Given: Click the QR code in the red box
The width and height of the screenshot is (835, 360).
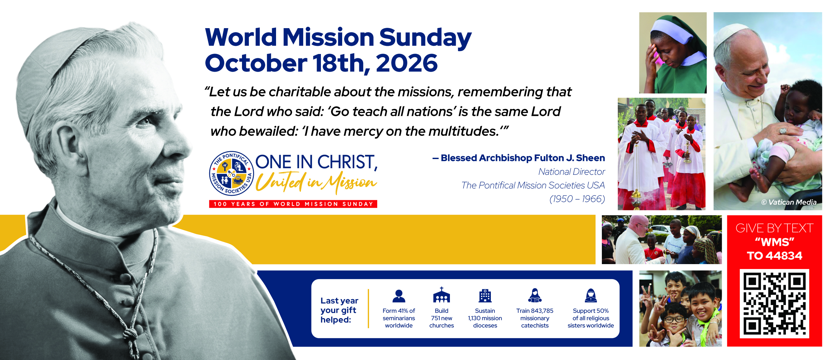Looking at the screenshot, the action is click(x=774, y=303).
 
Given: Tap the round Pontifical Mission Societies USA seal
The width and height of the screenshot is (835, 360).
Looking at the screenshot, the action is click(x=232, y=173).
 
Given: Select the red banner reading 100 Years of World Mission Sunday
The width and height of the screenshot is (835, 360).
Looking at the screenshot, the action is click(x=293, y=204).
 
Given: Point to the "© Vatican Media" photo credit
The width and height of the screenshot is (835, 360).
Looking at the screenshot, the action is click(x=789, y=202).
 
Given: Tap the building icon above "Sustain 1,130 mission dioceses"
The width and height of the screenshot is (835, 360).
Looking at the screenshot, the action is click(x=485, y=296).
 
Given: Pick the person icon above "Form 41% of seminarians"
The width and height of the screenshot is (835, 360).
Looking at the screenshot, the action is click(x=399, y=296).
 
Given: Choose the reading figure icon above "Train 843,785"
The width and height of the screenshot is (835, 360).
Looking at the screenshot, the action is click(x=535, y=295).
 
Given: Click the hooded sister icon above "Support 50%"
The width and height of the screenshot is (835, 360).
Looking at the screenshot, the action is click(x=591, y=296).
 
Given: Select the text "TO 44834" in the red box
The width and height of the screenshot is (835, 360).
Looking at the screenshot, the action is click(x=774, y=256).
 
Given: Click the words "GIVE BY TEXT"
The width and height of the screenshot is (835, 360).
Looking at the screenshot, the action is click(x=774, y=228).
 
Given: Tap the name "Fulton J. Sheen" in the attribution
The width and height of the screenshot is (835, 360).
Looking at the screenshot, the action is click(x=570, y=158).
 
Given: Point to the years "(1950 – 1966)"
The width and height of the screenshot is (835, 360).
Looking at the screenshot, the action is click(x=577, y=199).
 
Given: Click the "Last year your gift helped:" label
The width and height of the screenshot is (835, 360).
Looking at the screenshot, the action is click(x=339, y=310).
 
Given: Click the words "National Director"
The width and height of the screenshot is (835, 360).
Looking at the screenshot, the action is click(x=572, y=171).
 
